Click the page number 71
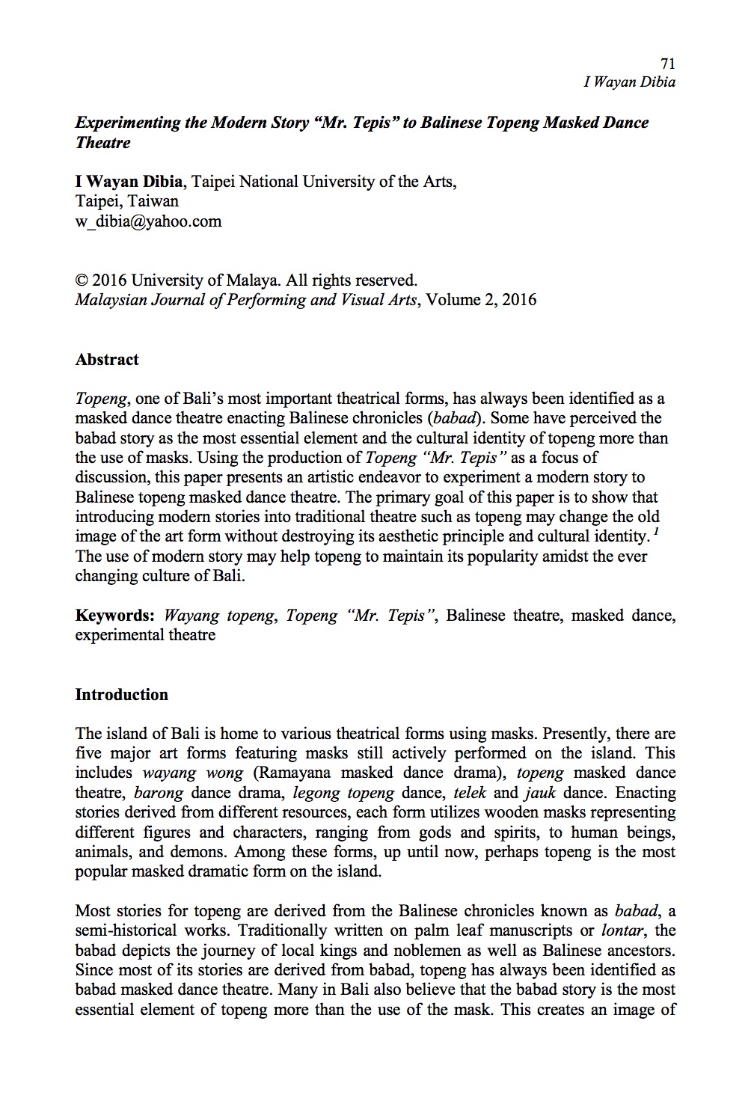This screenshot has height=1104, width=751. pyautogui.click(x=668, y=64)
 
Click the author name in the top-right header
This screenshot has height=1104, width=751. pyautogui.click(x=629, y=82)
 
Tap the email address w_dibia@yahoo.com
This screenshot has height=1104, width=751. pyautogui.click(x=148, y=221)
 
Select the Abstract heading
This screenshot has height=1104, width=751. pyautogui.click(x=107, y=360)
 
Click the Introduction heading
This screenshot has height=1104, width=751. pyautogui.click(x=122, y=695)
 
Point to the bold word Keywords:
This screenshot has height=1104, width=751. pyautogui.click(x=115, y=616)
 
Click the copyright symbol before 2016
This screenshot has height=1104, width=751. pyautogui.click(x=82, y=280)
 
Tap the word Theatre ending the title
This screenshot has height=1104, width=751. pyautogui.click(x=103, y=142)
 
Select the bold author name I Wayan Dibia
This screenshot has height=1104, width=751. pyautogui.click(x=129, y=182)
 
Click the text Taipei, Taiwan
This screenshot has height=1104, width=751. pyautogui.click(x=127, y=201)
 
